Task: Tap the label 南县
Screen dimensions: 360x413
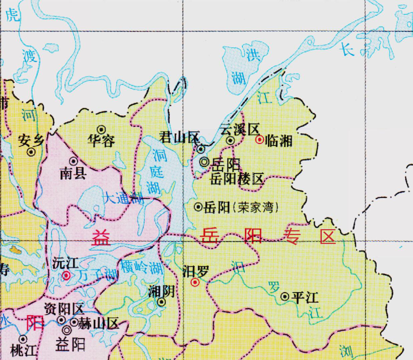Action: pyautogui.click(x=73, y=173)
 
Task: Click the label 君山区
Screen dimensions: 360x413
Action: pyautogui.click(x=179, y=137)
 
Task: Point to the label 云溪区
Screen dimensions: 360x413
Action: pyautogui.click(x=239, y=129)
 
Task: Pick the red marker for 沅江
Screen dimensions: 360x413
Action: pyautogui.click(x=66, y=276)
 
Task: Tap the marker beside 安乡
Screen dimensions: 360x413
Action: pyautogui.click(x=31, y=152)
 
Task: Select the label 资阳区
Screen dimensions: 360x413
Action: pyautogui.click(x=63, y=309)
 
